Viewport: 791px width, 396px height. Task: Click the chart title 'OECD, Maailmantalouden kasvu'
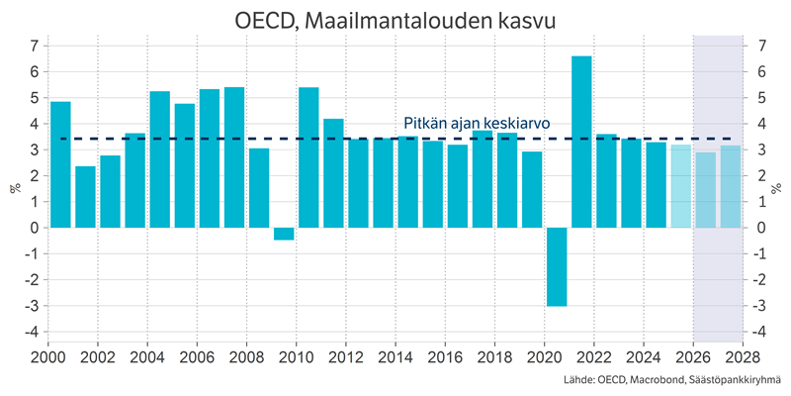click(395, 19)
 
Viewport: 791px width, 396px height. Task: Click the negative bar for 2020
click(557, 266)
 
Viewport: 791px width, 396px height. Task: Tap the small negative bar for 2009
click(284, 234)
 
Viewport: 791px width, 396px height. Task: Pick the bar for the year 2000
click(60, 164)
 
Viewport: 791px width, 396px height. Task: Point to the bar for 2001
click(85, 197)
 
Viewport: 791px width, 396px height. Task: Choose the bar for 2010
click(308, 157)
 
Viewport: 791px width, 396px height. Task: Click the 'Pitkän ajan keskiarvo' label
click(477, 124)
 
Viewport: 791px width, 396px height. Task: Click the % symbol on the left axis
click(15, 188)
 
